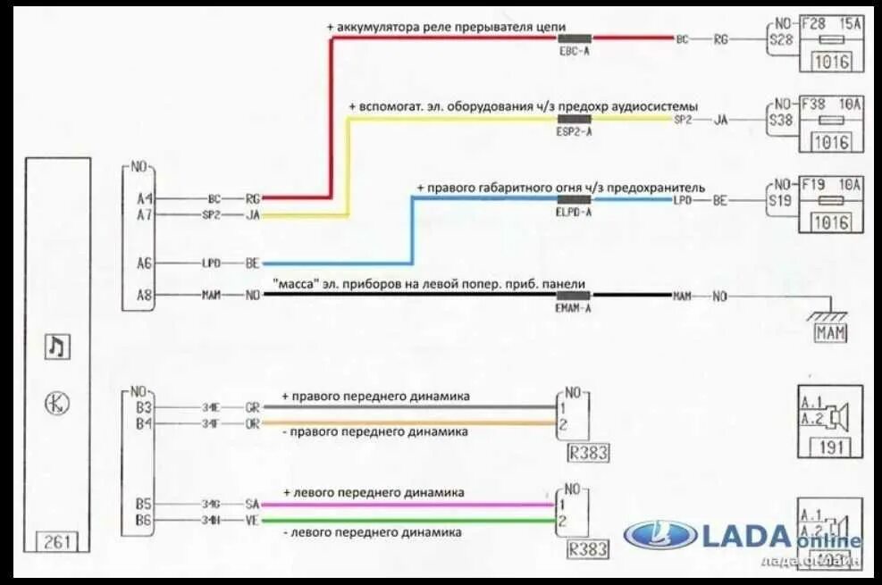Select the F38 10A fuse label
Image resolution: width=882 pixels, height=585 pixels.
[832, 104]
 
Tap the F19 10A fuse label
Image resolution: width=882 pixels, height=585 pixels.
[832, 185]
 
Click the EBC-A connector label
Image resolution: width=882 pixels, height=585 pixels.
[574, 52]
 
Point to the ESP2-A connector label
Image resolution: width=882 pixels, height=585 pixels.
[574, 131]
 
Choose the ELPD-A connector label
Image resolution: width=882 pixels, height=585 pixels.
[574, 213]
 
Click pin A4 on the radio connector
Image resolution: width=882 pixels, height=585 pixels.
[145, 199]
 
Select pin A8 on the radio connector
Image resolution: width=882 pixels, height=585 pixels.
[145, 295]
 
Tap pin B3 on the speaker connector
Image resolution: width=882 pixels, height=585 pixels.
[145, 407]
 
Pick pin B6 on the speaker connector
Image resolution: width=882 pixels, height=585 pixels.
[145, 521]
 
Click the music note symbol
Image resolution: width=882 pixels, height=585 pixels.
[56, 346]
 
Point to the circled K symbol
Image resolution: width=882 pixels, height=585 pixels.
[56, 404]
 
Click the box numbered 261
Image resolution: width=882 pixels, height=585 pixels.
[58, 541]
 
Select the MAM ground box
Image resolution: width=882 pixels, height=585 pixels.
[829, 333]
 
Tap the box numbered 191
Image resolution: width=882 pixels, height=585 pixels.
[830, 448]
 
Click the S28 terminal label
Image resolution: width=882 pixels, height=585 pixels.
[780, 39]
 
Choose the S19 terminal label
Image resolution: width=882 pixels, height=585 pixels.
[780, 200]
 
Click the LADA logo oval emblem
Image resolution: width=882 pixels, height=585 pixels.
[659, 536]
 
